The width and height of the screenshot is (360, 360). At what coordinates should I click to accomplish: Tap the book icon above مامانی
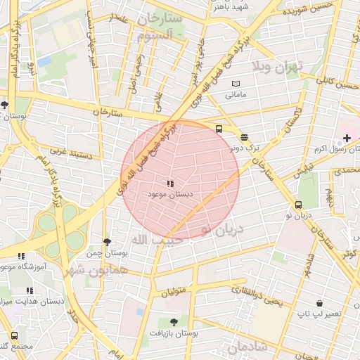pos(236,84)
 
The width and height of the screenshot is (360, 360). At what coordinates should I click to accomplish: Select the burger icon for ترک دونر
pos(243,138)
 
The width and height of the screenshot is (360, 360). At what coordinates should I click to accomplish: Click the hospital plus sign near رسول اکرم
pos(347,137)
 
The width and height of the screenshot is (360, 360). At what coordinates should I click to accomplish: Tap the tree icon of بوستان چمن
pos(106,242)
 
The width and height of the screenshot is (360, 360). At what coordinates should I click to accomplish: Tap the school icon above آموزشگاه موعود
pos(21,256)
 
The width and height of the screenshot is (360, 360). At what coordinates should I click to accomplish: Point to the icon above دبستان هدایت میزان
pos(29,290)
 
